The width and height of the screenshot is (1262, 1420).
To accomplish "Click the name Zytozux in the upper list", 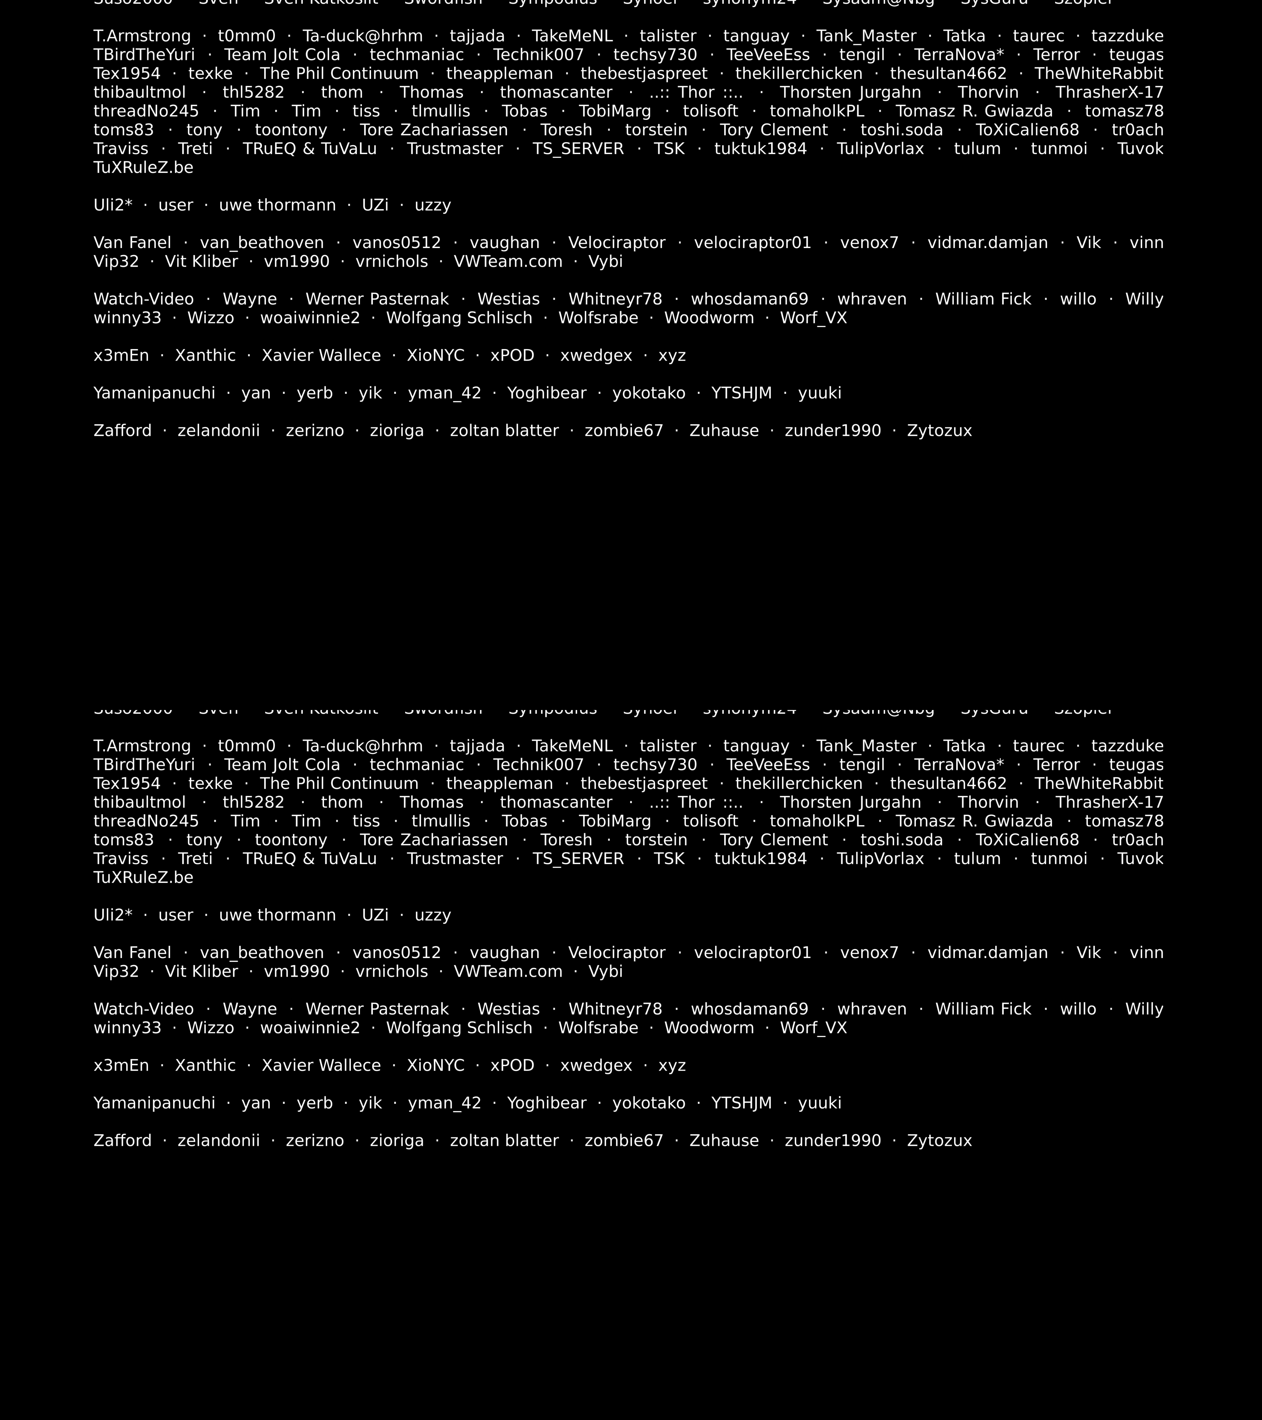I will click(939, 431).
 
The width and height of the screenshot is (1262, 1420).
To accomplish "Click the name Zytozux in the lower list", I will click(939, 1141).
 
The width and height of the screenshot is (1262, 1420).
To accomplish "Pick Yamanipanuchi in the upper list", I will click(154, 393).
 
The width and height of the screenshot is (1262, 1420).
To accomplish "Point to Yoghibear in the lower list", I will click(547, 1103).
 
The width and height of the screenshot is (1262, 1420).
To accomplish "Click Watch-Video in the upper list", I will click(144, 299).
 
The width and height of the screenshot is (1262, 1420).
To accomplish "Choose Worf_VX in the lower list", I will click(813, 1028).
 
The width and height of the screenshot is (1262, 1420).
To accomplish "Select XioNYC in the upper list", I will click(435, 356).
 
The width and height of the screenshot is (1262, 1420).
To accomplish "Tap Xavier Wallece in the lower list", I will click(321, 1066).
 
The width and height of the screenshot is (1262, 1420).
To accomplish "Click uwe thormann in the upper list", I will click(277, 206).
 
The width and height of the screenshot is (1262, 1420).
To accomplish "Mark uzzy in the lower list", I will click(433, 916).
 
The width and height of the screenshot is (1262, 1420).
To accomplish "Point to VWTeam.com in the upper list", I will click(508, 262).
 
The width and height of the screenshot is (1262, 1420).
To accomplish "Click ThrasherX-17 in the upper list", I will click(1109, 92).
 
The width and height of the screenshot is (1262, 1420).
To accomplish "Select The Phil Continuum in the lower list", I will click(339, 784).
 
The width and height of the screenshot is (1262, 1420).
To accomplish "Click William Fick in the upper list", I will click(983, 299).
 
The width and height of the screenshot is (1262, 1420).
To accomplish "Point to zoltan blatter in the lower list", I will click(504, 1141).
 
